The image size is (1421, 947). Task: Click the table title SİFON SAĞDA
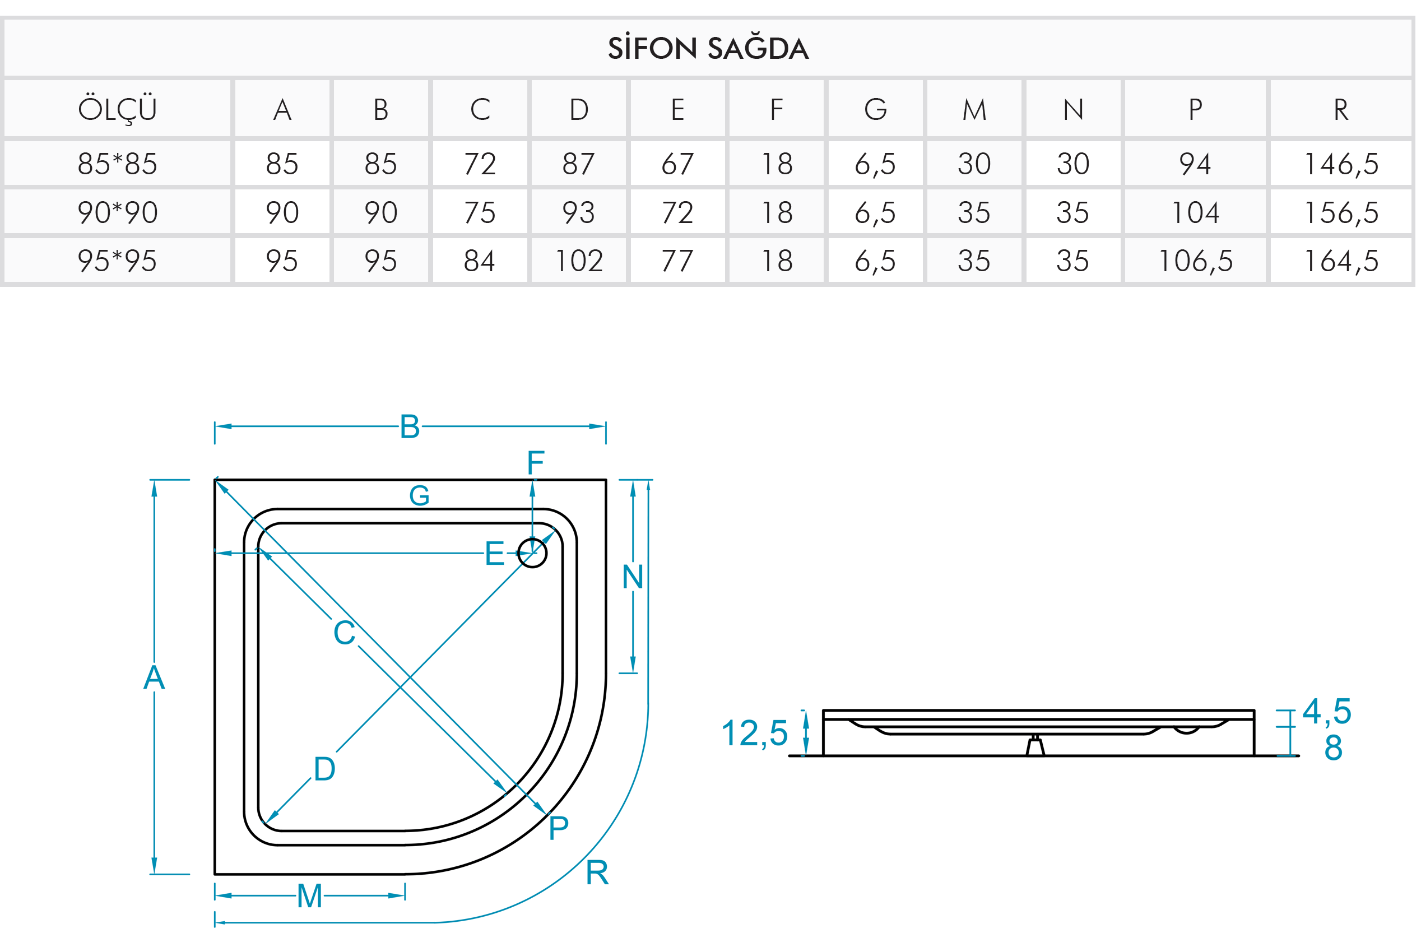(x=708, y=48)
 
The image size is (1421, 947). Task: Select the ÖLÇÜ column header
(x=117, y=109)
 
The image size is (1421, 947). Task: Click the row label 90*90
(x=117, y=212)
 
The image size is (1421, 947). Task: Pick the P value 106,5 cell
(x=1195, y=261)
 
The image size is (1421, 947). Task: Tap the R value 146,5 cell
(x=1341, y=164)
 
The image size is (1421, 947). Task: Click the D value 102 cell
(x=579, y=261)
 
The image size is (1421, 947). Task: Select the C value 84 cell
(x=480, y=261)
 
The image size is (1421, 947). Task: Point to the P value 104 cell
(x=1195, y=212)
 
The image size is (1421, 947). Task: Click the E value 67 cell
(x=677, y=164)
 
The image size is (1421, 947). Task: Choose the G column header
(x=875, y=109)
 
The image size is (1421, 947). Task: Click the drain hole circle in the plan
(x=532, y=553)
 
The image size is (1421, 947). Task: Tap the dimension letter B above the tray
(x=410, y=426)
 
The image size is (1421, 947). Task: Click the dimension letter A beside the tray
(x=154, y=677)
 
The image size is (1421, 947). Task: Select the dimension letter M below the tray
(x=309, y=895)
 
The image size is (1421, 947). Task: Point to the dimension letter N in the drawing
(x=632, y=577)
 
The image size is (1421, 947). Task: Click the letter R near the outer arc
(x=597, y=872)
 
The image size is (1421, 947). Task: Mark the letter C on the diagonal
(x=344, y=632)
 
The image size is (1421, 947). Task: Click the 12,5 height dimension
(x=754, y=733)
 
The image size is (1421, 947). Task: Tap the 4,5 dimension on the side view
(x=1326, y=712)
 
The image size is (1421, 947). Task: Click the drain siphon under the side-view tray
(x=1035, y=746)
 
